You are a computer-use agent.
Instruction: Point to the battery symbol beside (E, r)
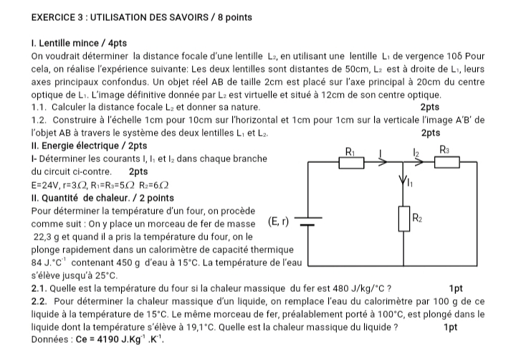(307, 223)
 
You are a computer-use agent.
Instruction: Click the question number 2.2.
(41, 301)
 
